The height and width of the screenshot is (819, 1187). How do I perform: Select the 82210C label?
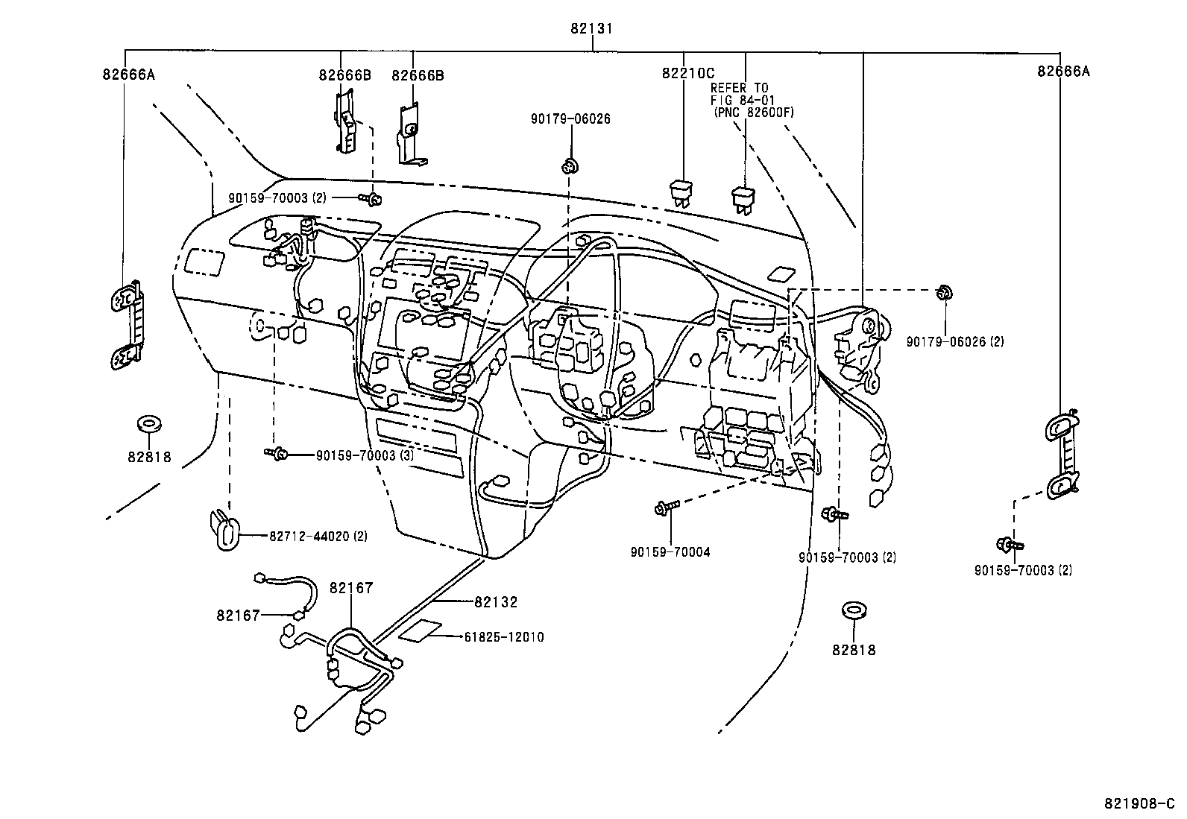pyautogui.click(x=687, y=73)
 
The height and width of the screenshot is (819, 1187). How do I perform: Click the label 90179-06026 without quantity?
pyautogui.click(x=570, y=118)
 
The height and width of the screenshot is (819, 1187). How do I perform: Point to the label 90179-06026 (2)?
pyautogui.click(x=955, y=341)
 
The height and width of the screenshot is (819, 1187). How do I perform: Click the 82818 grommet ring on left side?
pyautogui.click(x=150, y=425)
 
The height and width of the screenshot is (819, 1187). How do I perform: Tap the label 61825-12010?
pyautogui.click(x=503, y=637)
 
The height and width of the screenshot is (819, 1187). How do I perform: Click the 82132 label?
pyautogui.click(x=495, y=601)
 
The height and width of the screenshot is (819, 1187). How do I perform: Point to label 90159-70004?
pyautogui.click(x=670, y=552)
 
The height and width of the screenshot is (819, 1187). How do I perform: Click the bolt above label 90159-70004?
pyautogui.click(x=664, y=507)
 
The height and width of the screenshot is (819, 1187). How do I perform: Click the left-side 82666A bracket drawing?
pyautogui.click(x=129, y=325)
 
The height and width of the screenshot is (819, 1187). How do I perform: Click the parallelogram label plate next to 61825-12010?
pyautogui.click(x=421, y=632)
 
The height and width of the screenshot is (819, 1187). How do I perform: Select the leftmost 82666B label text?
pyautogui.click(x=344, y=75)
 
